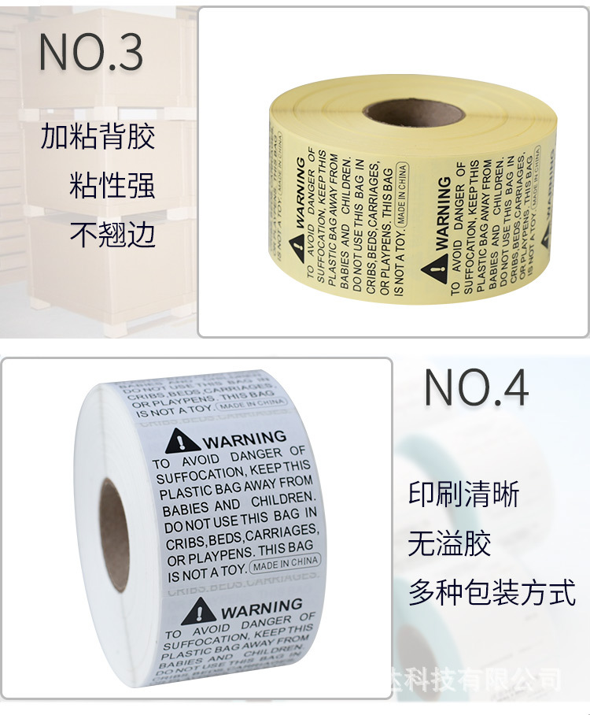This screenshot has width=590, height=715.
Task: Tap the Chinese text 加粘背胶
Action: (98, 137)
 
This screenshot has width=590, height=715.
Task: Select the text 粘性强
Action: (112, 186)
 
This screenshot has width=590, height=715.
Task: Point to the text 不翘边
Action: (112, 234)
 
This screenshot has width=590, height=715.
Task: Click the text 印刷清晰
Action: (463, 495)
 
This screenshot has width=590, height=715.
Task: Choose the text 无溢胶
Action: (449, 543)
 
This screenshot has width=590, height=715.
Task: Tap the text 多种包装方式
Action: (492, 592)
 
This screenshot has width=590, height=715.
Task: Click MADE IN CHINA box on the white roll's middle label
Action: (284, 564)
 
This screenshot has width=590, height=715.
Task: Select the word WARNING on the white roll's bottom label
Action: (262, 609)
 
